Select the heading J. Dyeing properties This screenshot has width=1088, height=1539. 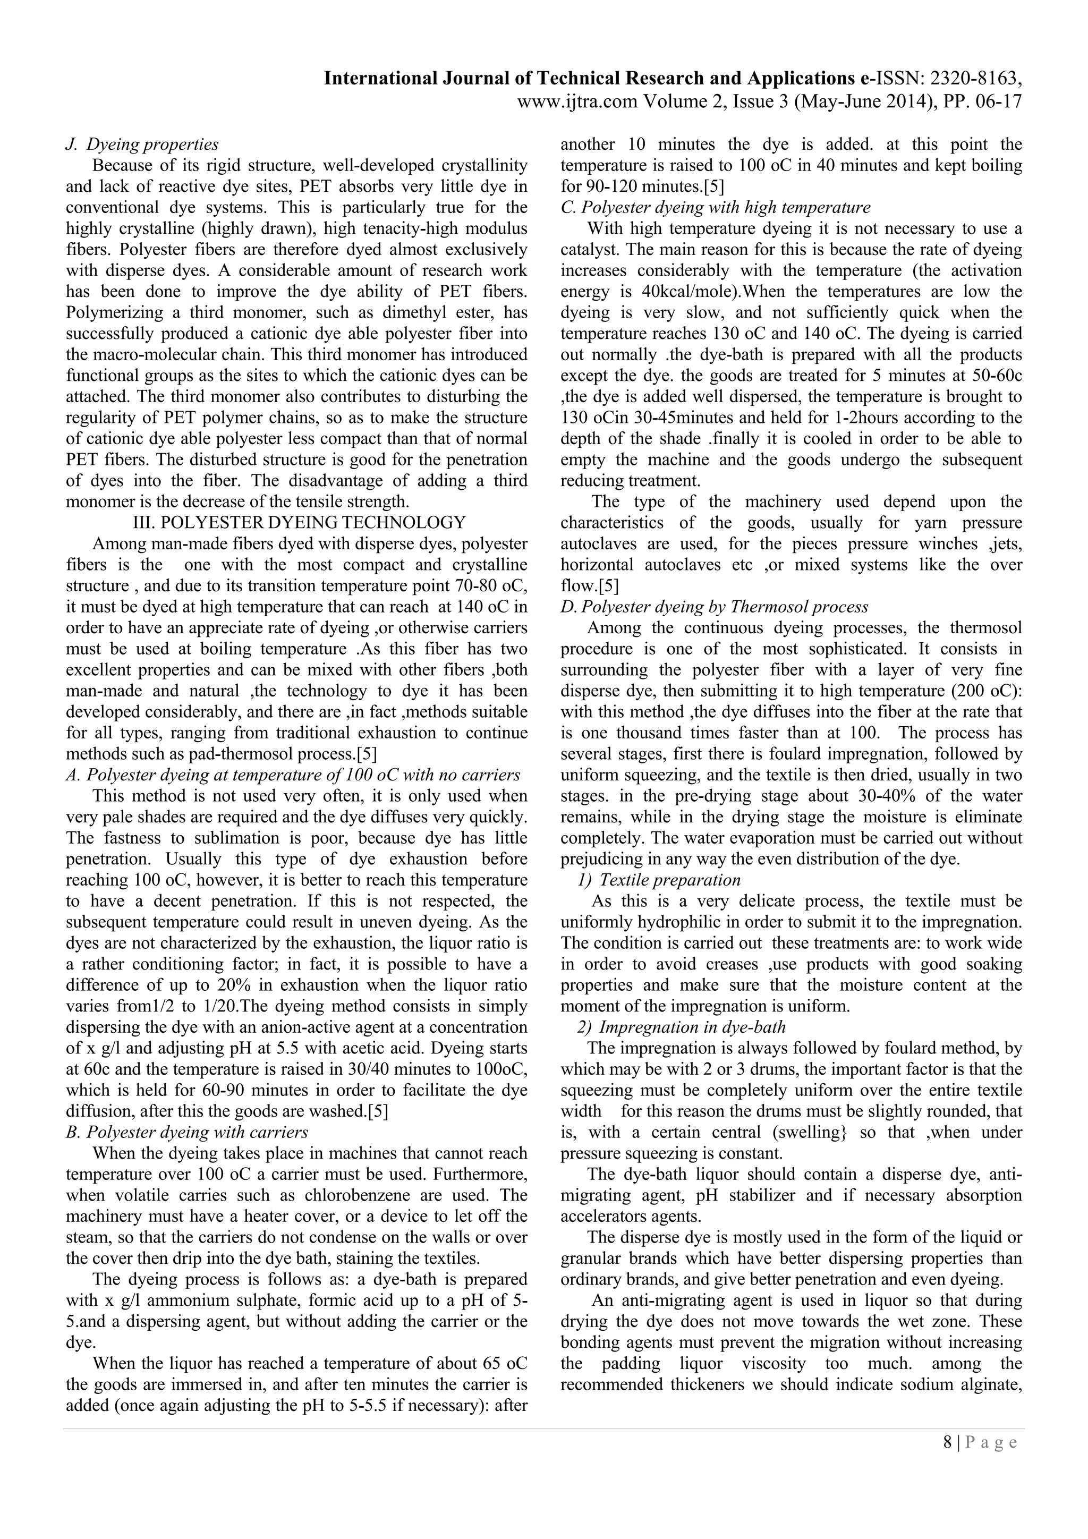(142, 144)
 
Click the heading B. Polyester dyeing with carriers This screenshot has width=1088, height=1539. (187, 1132)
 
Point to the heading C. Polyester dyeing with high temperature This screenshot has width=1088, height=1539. (715, 207)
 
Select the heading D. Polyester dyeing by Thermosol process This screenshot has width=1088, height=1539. (714, 607)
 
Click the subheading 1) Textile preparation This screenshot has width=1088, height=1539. (660, 879)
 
